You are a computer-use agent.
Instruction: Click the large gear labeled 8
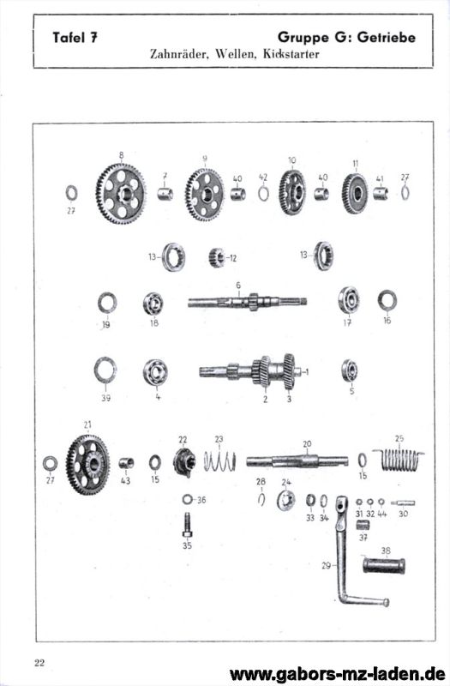[x=121, y=194]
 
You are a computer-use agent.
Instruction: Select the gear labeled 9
[x=205, y=195]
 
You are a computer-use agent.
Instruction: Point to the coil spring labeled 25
[x=399, y=459]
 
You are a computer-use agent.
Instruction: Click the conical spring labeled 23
[x=219, y=461]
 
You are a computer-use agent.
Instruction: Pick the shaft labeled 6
[x=248, y=302]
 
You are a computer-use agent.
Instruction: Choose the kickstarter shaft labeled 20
[x=297, y=461]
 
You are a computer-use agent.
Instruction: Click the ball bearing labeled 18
[x=153, y=304]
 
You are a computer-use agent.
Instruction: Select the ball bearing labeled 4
[x=155, y=372]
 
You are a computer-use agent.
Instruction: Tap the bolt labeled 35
[x=187, y=525]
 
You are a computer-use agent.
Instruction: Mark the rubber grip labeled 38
[x=384, y=565]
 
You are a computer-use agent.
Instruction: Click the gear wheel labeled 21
[x=88, y=465]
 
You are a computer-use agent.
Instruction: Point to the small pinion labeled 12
[x=217, y=257]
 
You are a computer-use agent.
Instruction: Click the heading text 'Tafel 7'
[x=75, y=37]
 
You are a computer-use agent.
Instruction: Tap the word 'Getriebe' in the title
[x=387, y=37]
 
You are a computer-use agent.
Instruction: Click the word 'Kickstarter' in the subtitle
[x=291, y=54]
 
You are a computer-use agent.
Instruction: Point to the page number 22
[x=39, y=662]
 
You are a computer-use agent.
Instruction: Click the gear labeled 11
[x=355, y=194]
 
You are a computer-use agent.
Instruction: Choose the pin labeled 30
[x=403, y=503]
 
